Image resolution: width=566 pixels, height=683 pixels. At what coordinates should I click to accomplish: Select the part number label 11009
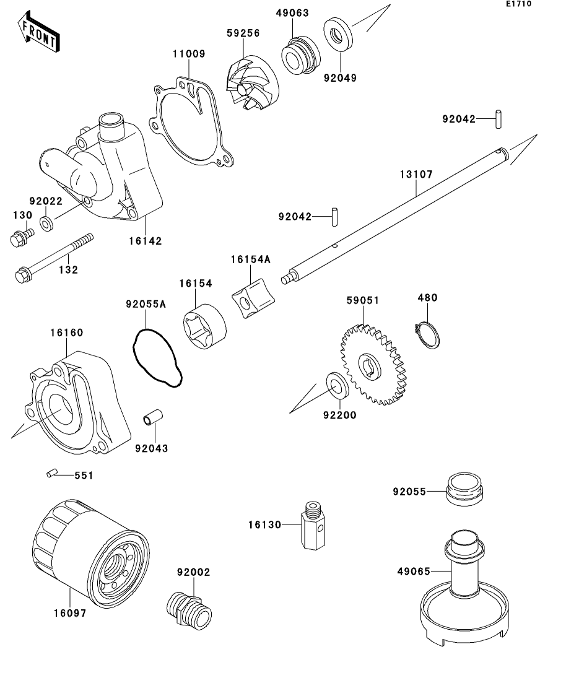(x=188, y=54)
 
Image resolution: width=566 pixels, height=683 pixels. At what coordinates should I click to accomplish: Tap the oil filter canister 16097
(x=90, y=553)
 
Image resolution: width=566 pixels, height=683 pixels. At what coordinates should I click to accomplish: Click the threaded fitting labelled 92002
(x=189, y=609)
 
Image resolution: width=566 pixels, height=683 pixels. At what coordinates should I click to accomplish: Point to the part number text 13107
(x=416, y=175)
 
